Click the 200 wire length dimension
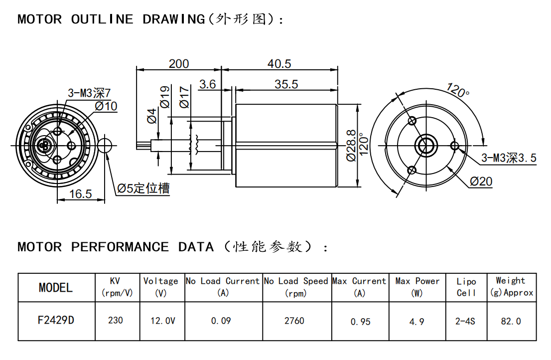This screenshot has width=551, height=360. (179, 64)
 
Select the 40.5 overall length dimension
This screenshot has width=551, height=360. (279, 64)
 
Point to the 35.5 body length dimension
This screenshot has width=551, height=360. (286, 84)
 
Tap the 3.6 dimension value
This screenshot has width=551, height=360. (207, 84)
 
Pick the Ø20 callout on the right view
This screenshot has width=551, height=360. (481, 181)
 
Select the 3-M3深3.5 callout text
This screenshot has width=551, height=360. (509, 159)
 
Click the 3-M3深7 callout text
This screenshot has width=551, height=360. (90, 93)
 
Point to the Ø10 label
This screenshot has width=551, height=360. (106, 106)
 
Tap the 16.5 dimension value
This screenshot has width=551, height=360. (80, 194)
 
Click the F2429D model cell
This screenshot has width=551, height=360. (56, 320)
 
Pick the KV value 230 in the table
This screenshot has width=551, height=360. (116, 320)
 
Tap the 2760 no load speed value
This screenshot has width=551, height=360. (294, 321)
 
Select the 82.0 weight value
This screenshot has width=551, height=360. (511, 321)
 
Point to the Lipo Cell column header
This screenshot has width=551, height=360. (466, 287)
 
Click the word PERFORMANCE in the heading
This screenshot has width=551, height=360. (120, 247)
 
